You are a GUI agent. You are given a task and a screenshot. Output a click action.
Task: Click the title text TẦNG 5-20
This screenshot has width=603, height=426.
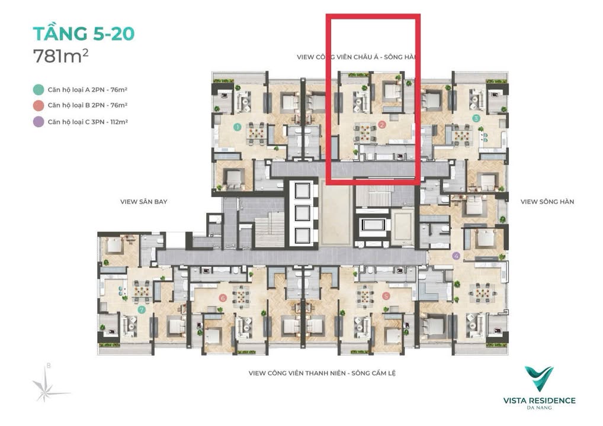(x=84, y=33)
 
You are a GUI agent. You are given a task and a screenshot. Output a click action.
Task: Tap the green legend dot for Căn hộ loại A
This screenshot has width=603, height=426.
(x=38, y=89)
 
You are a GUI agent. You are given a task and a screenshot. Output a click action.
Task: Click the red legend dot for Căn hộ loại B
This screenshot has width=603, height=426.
(x=38, y=105)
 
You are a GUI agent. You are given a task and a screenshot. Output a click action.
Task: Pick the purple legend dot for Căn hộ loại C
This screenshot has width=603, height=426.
(x=38, y=122)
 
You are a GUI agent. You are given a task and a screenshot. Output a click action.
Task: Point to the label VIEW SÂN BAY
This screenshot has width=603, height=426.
(x=143, y=202)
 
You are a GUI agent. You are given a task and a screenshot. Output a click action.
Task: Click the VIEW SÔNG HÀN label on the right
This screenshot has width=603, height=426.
(x=547, y=202)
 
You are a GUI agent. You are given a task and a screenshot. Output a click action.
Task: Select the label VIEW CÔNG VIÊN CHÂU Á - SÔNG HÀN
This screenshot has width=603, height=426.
(x=357, y=57)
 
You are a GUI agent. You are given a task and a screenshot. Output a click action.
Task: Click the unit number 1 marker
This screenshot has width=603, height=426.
(x=237, y=127)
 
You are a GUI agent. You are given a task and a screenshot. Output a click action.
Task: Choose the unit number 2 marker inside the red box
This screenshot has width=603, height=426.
(x=382, y=125)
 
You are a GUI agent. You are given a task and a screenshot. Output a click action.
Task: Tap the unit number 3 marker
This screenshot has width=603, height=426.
(x=476, y=118)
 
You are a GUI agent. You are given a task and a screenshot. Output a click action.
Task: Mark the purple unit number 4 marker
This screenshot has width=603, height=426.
(x=456, y=256)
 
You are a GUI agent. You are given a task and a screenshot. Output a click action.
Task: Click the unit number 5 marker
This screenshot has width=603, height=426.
(x=386, y=296)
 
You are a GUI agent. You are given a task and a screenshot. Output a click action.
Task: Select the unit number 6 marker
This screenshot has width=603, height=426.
(x=223, y=298)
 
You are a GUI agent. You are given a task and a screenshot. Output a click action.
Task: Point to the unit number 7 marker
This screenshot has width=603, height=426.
(x=141, y=309)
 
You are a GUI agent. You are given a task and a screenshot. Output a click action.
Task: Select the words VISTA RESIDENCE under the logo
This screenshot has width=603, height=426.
(x=538, y=401)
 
